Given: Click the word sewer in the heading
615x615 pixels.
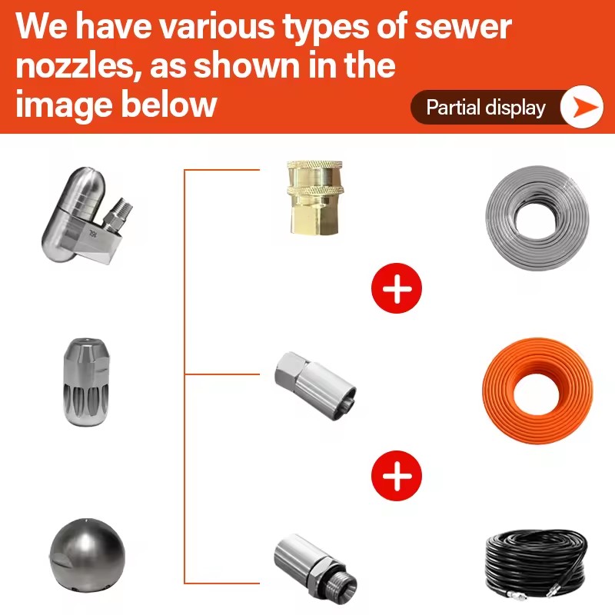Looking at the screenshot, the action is [x=463, y=27].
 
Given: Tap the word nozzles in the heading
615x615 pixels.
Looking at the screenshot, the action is [x=75, y=65].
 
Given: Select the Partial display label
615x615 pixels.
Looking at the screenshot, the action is [x=486, y=108].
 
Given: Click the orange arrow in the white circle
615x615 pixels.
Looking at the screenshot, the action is [x=585, y=107].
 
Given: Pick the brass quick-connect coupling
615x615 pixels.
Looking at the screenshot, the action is [x=316, y=198].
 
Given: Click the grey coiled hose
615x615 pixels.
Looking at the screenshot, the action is [x=537, y=218].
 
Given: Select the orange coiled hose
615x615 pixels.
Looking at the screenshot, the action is [x=537, y=391].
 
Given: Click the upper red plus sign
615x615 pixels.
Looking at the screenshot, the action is [x=397, y=288].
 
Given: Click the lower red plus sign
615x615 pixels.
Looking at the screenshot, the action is [x=397, y=476].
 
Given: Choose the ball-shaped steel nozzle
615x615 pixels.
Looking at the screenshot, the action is [x=88, y=554].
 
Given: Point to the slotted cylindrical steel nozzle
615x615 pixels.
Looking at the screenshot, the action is [x=86, y=382].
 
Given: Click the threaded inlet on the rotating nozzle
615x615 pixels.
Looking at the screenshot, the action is [x=118, y=215].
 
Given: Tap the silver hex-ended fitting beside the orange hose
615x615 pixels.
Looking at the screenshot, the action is [x=315, y=386].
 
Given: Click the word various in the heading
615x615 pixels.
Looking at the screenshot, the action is [x=218, y=27].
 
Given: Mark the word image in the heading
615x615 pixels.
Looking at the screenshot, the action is [x=64, y=106].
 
